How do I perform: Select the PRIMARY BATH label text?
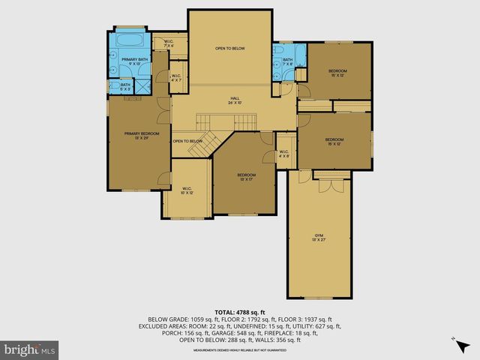[x=135, y=61]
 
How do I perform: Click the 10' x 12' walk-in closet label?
[x=187, y=190]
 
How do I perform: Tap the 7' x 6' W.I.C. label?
[x=169, y=44]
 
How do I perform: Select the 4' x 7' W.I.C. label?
[x=177, y=78]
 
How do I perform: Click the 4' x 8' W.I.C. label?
[x=284, y=154]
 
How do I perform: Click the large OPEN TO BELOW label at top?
[x=230, y=49]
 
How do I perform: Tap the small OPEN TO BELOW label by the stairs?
[x=187, y=141]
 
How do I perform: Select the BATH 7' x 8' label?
[x=288, y=62]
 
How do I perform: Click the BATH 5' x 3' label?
[x=125, y=87]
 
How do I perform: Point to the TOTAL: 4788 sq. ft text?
[x=240, y=312]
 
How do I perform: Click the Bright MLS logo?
[x=30, y=349]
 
